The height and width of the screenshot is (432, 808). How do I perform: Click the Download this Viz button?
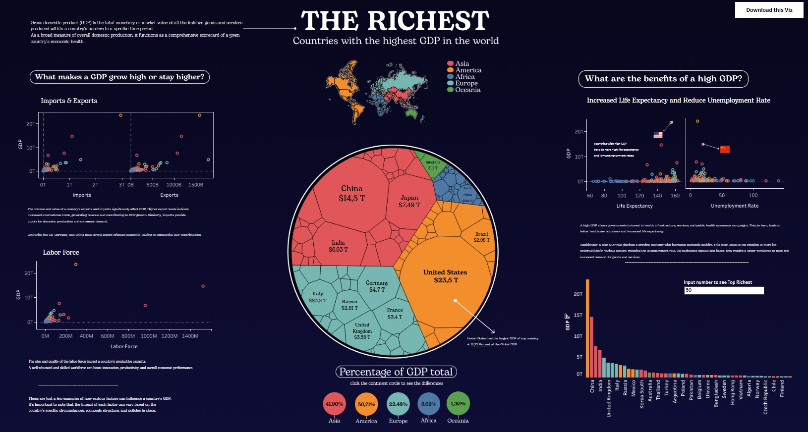coord(769,10)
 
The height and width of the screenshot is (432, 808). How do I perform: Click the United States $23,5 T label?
coord(445,276)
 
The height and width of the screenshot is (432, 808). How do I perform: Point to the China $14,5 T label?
coord(351,193)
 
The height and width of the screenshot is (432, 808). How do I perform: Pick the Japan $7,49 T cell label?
coord(409,201)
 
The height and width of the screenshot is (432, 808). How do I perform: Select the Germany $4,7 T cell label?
coord(377,286)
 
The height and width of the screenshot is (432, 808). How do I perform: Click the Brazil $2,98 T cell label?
coord(481,237)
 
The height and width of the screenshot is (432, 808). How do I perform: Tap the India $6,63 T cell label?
coord(338,246)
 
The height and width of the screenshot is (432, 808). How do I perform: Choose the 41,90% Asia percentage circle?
coord(334,404)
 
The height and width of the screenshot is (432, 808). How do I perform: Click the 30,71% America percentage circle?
coord(366,404)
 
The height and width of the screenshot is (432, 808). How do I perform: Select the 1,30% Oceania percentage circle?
coord(458,404)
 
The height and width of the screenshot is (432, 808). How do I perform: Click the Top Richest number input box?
coord(724,290)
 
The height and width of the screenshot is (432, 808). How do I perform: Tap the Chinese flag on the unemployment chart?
coord(725,149)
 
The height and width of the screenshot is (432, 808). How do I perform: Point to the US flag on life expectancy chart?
coord(658,135)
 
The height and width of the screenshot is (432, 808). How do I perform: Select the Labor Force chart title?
coord(61,252)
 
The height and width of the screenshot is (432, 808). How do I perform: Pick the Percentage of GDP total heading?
coord(396,372)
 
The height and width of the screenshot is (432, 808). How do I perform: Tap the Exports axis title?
coord(169,195)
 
